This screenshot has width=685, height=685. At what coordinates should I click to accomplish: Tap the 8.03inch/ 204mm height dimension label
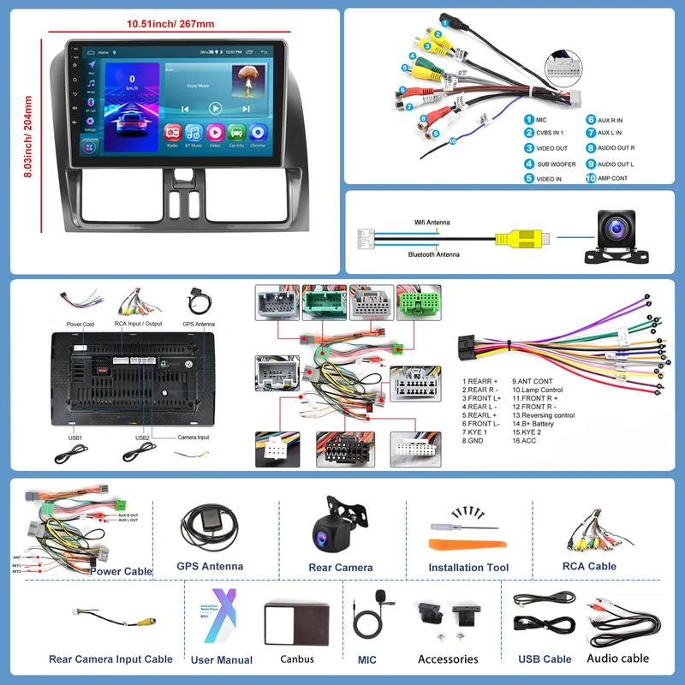pos(28,136)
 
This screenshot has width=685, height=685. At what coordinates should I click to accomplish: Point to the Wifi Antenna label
pos(432,223)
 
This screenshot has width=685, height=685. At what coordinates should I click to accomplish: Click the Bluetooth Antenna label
pos(432,254)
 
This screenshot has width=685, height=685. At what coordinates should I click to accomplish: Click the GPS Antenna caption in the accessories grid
pos(210,566)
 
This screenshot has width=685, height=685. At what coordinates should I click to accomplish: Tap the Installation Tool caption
pos(468,568)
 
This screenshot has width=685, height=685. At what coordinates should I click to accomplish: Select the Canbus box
pos(297,622)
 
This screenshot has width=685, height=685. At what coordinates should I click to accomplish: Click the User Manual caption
pos(222,660)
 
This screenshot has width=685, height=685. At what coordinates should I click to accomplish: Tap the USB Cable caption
pos(545,659)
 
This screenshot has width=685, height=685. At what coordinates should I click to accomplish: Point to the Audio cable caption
pos(618,658)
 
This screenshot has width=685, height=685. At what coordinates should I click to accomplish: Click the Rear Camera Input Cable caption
pos(110,659)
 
